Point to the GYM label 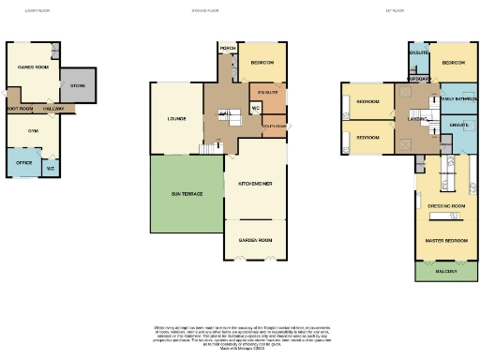32,131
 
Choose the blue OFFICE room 23,162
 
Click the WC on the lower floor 51,168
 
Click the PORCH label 226,48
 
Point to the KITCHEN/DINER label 254,183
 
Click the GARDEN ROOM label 254,239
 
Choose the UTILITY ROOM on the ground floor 274,125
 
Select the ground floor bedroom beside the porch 262,63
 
